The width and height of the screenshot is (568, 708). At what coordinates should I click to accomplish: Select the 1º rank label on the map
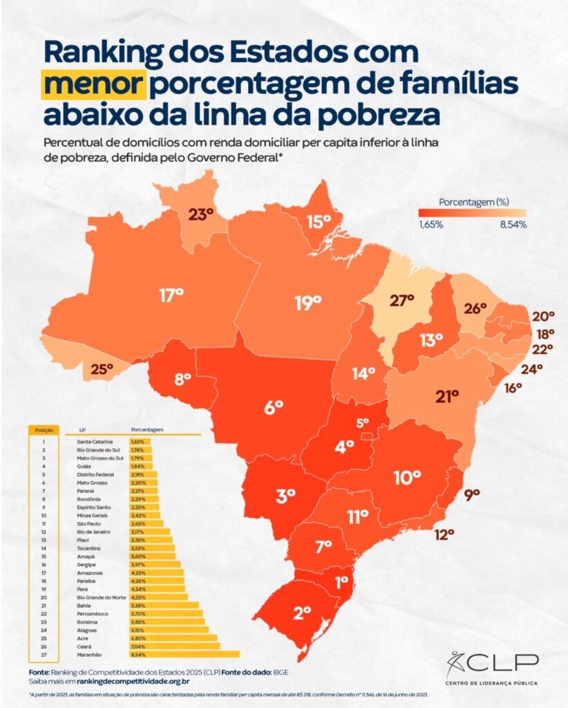[341, 582]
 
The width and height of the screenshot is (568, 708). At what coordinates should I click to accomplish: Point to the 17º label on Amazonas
[171, 295]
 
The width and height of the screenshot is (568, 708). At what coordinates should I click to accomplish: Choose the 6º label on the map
[274, 407]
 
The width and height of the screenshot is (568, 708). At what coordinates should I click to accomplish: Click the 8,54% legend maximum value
[512, 224]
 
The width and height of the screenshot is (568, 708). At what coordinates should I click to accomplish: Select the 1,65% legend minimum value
[430, 224]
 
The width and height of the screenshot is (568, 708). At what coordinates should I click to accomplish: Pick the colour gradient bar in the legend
[471, 213]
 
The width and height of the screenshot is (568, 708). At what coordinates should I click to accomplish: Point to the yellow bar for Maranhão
[184, 653]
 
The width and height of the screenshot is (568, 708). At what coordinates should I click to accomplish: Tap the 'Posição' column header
[39, 429]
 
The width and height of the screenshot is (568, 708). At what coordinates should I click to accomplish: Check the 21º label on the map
[447, 396]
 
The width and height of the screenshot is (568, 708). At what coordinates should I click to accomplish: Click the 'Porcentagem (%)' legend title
[474, 202]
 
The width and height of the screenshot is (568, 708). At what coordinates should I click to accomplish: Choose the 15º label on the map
[319, 222]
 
